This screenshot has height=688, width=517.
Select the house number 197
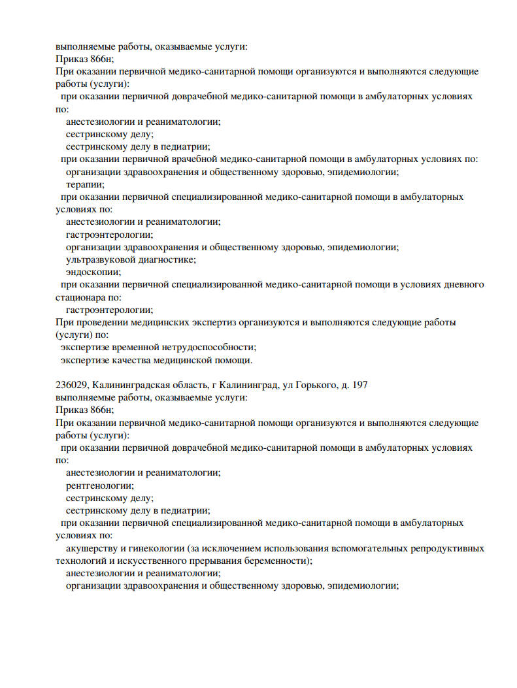[359, 385]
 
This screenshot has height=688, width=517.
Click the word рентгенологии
[99, 485]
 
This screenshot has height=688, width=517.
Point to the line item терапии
[84, 184]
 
